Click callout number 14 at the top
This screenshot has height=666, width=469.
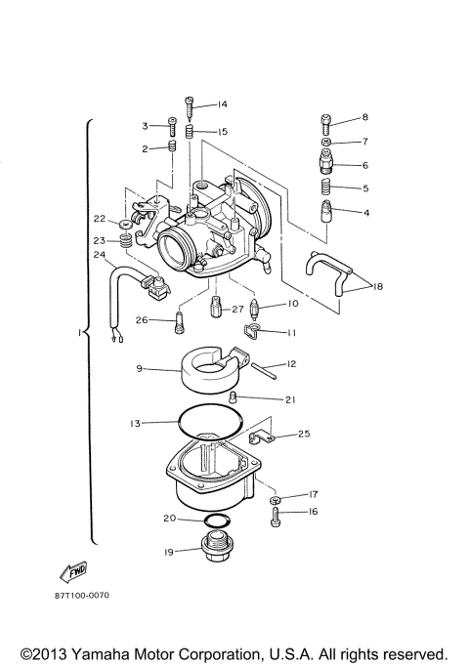point(222,104)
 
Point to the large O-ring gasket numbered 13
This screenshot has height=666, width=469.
point(206,423)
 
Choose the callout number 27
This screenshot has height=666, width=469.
point(237,309)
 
